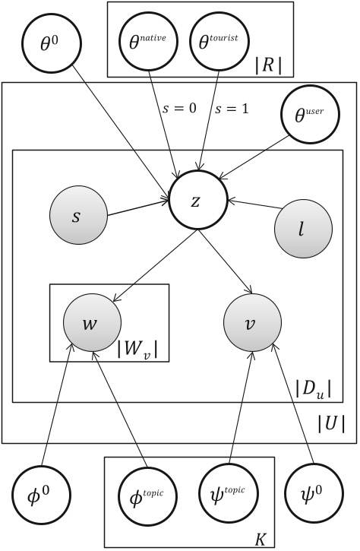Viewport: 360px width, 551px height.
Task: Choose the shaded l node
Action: click(302, 229)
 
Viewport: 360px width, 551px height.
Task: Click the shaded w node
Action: click(90, 323)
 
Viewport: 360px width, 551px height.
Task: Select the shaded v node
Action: click(251, 323)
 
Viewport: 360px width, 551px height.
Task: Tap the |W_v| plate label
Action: click(141, 350)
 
